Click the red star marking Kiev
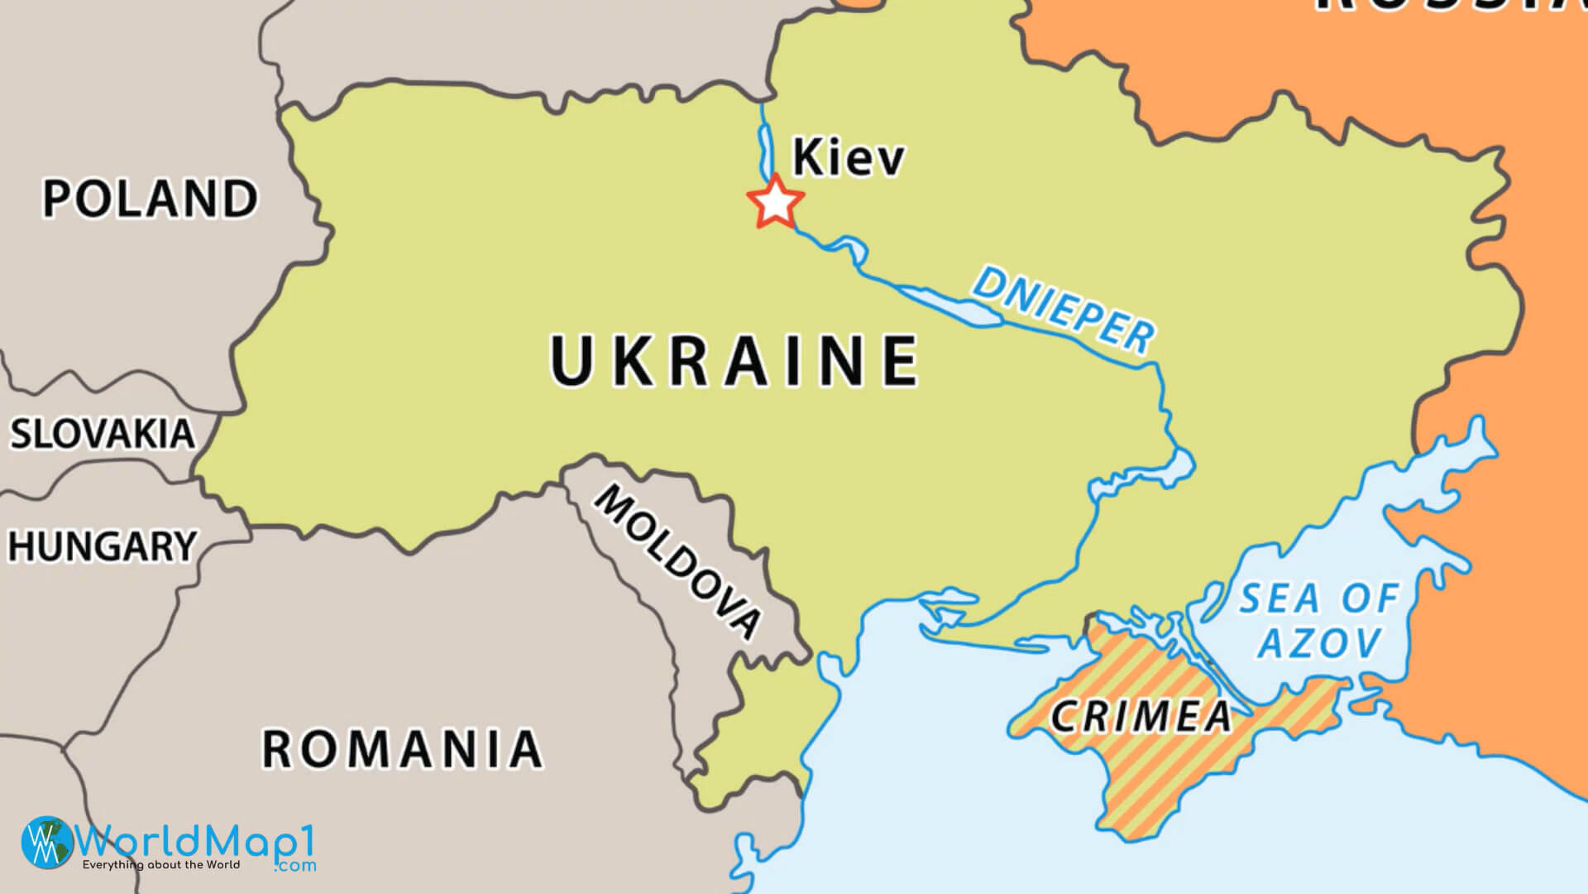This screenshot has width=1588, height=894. pos(775,202)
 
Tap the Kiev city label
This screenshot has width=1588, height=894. pos(848,157)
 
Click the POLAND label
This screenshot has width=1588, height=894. pos(150,199)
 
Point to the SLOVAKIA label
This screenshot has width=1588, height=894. pos(102,434)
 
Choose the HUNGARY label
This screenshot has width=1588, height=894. pos(102,546)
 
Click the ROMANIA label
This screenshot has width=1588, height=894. pos(402,748)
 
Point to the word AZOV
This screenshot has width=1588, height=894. pos(1321,642)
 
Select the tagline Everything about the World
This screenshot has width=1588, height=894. pos(160,865)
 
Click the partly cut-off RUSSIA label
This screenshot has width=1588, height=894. pos(1447,7)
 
